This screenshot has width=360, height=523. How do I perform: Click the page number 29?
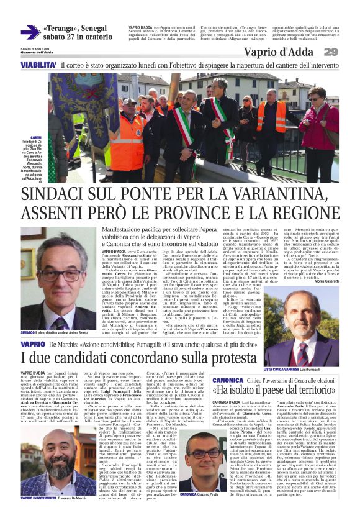coord(346,52)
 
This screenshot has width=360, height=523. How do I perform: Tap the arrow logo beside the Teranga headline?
coord(30,32)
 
